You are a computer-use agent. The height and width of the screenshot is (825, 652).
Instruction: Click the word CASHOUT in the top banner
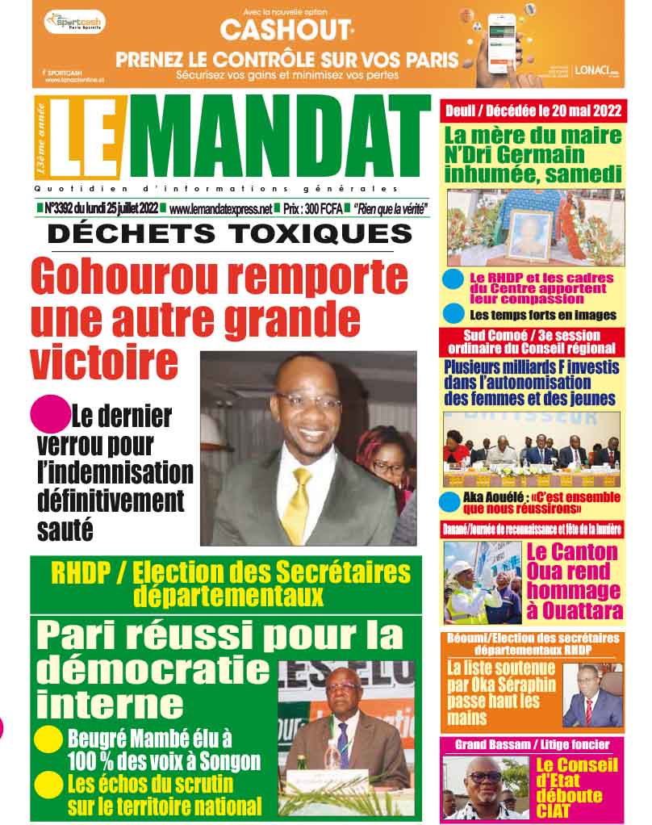pos(286,31)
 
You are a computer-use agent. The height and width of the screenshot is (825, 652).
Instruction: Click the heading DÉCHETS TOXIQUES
pos(229,235)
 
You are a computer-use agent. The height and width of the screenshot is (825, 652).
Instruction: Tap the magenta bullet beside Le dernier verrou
pos(48,414)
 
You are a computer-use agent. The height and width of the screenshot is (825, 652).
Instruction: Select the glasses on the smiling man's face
pos(307,401)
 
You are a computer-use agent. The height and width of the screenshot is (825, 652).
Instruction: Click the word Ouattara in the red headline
pos(574,610)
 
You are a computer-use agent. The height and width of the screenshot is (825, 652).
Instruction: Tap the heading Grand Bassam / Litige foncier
pos(532,744)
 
